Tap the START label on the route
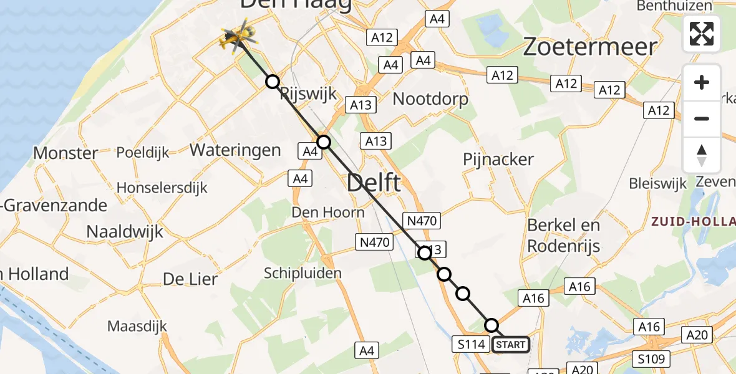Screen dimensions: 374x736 [x=511, y=344]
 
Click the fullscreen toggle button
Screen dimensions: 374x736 [x=702, y=34]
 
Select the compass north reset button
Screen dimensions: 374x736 [x=702, y=155]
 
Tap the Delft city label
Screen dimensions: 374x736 [x=374, y=184]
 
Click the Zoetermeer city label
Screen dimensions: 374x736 [x=589, y=47]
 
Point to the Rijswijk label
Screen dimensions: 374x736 [x=308, y=95]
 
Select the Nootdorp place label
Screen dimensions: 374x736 [x=430, y=98]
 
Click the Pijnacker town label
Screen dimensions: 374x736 [x=498, y=160]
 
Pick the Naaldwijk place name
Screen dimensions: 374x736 [x=124, y=232]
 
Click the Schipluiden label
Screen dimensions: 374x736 [x=303, y=273]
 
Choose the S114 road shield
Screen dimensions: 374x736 [x=471, y=344]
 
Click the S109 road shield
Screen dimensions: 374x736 [x=651, y=359]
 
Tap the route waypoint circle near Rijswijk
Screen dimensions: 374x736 [x=272, y=81]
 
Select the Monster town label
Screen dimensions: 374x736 [x=65, y=153]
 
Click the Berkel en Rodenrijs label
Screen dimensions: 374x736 [x=563, y=236]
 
